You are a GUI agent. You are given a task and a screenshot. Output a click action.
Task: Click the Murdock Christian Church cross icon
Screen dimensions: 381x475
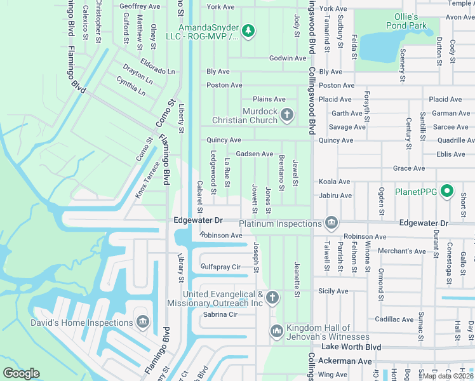[287, 115]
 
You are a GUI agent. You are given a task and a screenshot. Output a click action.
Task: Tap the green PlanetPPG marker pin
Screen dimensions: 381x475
[447, 190]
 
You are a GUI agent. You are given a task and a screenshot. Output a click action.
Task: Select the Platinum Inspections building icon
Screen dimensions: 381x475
[331, 223]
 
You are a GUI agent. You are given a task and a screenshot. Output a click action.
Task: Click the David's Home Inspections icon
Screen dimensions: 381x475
[142, 323]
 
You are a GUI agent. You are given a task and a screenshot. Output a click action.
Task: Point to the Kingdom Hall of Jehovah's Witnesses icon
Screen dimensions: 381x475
[276, 331]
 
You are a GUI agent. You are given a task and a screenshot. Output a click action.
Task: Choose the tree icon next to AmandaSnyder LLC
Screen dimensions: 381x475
[249, 30]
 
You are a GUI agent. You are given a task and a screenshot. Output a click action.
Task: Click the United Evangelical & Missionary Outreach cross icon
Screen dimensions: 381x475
[272, 297]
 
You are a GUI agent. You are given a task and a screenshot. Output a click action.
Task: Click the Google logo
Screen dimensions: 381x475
[22, 373]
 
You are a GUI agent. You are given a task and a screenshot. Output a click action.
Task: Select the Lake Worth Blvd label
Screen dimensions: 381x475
[351, 347]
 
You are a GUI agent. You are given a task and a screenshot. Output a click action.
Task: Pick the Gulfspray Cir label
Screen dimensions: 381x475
[220, 267]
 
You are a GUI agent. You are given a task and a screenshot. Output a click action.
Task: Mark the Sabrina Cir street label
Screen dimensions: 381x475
[220, 314]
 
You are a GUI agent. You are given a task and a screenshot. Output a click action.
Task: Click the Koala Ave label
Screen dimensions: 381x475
[335, 182]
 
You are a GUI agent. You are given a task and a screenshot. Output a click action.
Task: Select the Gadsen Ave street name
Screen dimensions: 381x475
[254, 154]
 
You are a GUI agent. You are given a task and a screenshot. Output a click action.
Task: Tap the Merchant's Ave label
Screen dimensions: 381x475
[401, 251]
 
